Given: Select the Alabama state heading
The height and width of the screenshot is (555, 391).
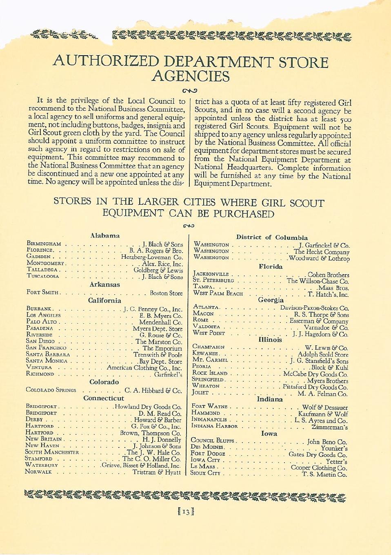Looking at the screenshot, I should coord(105,235).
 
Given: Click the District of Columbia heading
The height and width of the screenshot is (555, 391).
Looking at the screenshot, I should coord(272,237).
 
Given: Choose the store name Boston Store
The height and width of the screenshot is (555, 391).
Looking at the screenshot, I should coord(166,293).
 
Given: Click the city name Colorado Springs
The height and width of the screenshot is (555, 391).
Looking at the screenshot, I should coord(51,390).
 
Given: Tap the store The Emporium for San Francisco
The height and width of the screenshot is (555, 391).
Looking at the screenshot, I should coord(162,348).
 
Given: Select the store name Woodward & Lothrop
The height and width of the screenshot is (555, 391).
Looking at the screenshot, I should coord(319,258).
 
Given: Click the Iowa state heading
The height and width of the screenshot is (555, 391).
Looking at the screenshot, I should coord(269,433).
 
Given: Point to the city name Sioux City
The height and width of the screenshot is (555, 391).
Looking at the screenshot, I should coord(205,473).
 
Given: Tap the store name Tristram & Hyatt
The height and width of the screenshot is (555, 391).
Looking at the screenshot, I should coord(157,472).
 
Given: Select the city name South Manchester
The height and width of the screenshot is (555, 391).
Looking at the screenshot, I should coord(52,452).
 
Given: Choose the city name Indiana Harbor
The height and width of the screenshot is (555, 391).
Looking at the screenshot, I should coord(214,426).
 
